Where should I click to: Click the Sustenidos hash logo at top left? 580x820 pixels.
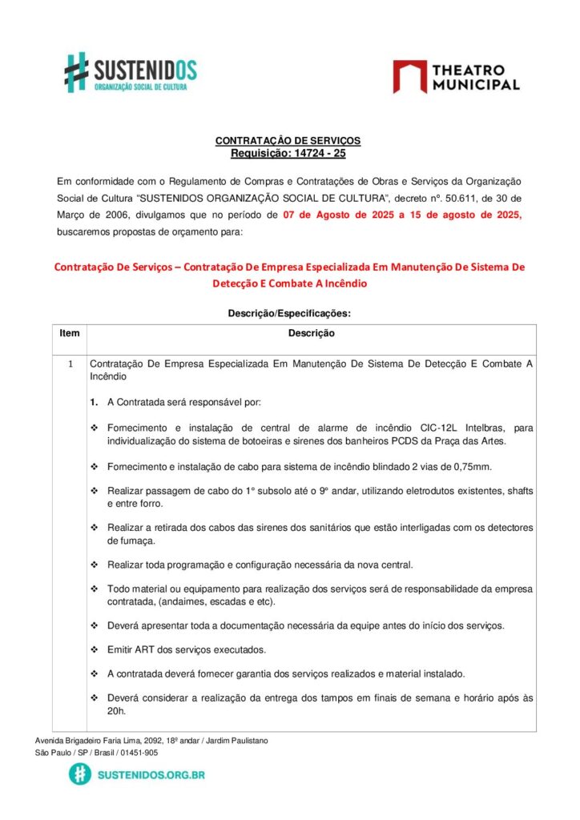[x=76, y=71]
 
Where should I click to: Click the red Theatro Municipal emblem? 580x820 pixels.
[x=409, y=76]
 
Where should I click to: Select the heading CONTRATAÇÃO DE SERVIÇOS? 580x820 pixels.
[x=288, y=141]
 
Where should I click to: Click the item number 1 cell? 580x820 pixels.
[x=70, y=364]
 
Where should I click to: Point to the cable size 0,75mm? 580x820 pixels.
[x=470, y=466]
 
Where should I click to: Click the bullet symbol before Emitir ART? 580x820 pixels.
[x=95, y=649]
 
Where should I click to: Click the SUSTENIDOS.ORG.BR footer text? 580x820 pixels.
[x=151, y=775]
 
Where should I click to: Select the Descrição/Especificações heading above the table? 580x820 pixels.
[x=290, y=313]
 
